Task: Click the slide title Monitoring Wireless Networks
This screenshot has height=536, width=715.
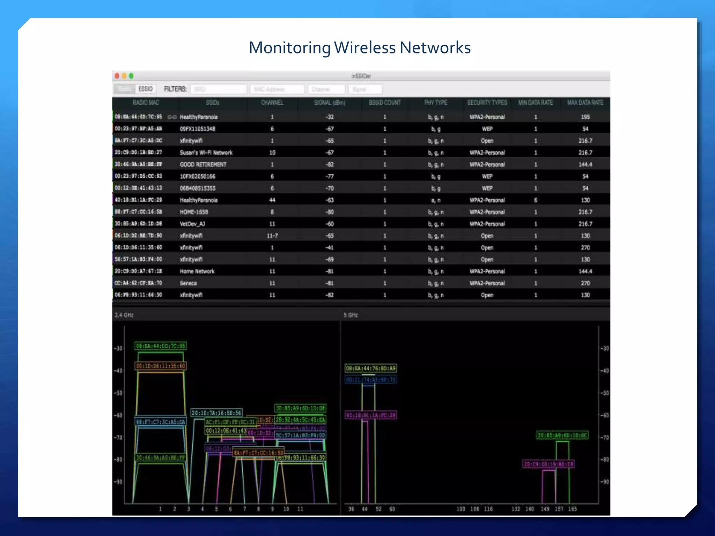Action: [360, 47]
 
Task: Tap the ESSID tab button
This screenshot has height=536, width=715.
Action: [146, 89]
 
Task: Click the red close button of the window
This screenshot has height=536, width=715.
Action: [117, 76]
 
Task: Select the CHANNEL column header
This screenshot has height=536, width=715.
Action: [272, 103]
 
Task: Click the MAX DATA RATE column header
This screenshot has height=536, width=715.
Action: [585, 103]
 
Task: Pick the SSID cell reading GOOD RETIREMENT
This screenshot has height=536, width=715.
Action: [203, 164]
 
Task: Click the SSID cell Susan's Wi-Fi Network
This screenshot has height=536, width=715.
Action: [206, 152]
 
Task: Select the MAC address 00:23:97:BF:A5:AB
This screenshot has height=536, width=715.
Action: [139, 128]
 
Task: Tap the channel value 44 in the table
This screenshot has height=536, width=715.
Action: [272, 200]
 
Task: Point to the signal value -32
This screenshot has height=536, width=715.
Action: [330, 117]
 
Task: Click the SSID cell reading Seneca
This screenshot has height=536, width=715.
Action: [188, 283]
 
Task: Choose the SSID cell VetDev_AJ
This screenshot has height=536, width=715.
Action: [192, 224]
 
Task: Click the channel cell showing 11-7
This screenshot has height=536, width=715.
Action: [272, 236]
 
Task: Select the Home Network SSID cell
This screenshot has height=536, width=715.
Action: [197, 271]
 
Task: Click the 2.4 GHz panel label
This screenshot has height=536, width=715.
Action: [124, 315]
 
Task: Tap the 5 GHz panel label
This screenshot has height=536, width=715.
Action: [351, 315]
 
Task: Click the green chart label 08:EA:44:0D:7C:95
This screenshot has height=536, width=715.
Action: [161, 346]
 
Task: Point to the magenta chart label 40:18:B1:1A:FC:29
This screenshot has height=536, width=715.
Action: [371, 415]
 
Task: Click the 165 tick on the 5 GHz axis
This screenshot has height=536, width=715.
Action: [573, 509]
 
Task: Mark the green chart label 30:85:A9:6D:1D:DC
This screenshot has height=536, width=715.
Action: [562, 435]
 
